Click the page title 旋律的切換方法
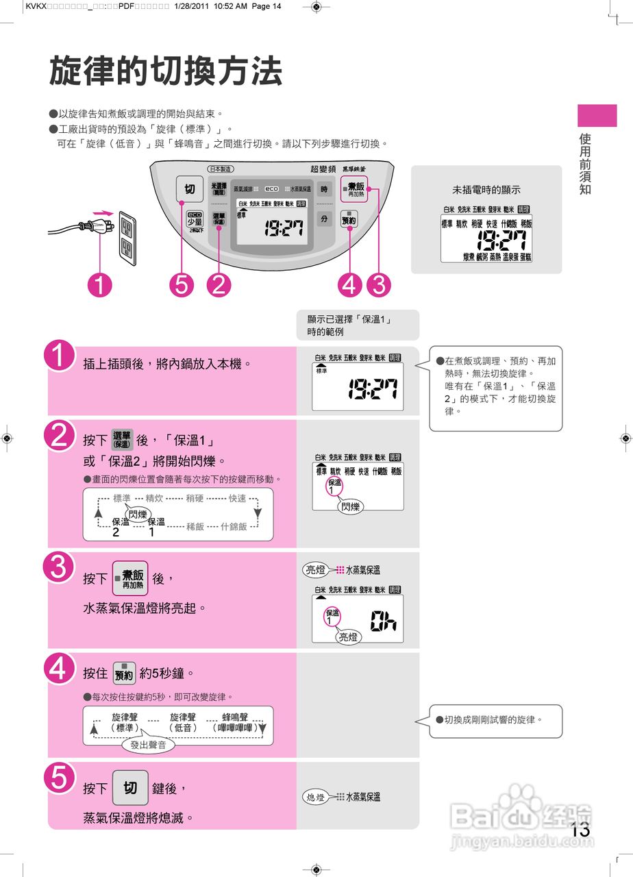[165, 71]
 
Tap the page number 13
[580, 828]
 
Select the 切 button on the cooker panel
[189, 188]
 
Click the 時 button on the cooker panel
[325, 189]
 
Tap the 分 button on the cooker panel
[325, 219]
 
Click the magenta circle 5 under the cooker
[181, 284]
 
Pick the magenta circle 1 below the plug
[100, 284]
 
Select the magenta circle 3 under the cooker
[378, 284]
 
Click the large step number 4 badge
[60, 668]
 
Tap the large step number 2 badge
[60, 436]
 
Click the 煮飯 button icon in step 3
[130, 578]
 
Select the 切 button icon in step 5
[130, 788]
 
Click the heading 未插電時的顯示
[486, 190]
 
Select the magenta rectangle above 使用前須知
[597, 115]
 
